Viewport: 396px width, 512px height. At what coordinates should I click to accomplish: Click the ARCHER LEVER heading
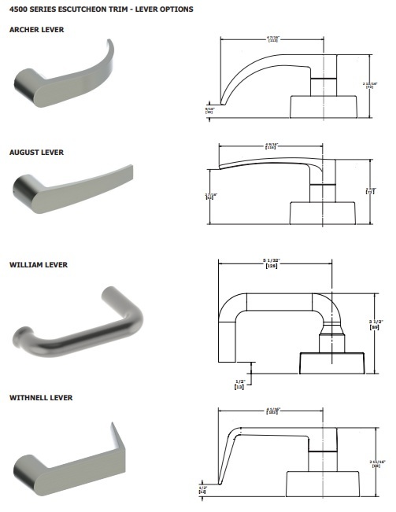pos(35,29)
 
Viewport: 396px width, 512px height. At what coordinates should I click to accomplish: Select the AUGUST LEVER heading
pos(35,152)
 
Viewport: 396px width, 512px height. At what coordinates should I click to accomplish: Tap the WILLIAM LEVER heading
pos(38,265)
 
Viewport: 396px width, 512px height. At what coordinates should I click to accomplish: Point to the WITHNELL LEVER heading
pos(41,398)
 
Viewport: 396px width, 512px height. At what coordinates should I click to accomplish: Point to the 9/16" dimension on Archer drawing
pos(209,110)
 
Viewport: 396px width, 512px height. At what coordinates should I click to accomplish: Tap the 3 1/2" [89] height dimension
pos(376,323)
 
